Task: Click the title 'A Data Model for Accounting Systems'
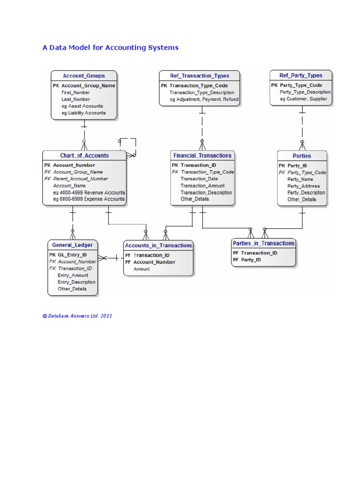coord(110,48)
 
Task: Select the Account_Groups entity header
coord(84,76)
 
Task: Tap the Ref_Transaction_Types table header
coord(200,76)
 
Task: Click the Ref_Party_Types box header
coord(300,75)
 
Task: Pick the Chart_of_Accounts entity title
coord(84,156)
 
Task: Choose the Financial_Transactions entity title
coord(202,156)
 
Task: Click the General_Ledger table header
coord(73,245)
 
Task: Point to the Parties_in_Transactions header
coord(263,243)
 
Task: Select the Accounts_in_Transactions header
coord(158,245)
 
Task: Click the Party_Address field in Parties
coord(303,186)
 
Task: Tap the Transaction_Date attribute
coord(199,179)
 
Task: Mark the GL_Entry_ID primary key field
coord(72,255)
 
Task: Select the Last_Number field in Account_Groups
coord(75,99)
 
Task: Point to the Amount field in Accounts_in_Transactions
coord(142,269)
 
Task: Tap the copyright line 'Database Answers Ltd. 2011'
coord(77,316)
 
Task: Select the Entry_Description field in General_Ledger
coord(76,282)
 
